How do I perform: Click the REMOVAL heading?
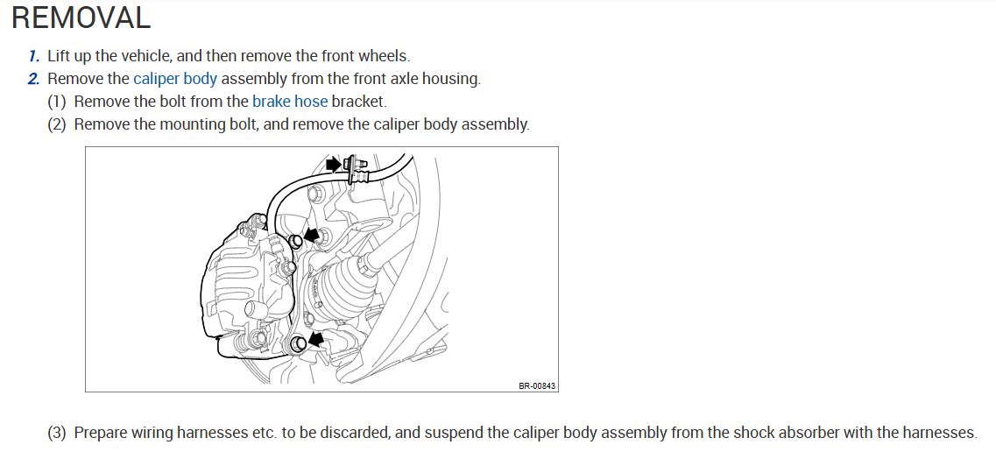(x=81, y=18)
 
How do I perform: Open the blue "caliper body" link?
(x=175, y=79)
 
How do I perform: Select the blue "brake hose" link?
(x=290, y=102)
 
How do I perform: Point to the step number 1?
(x=34, y=56)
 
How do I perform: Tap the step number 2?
(x=34, y=79)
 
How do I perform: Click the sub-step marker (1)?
(x=57, y=102)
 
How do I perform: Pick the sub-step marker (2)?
(x=57, y=124)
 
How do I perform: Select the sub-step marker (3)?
(x=57, y=433)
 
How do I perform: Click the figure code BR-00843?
(x=537, y=385)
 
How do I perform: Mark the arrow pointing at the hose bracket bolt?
(x=333, y=164)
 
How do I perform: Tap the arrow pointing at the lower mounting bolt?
(x=314, y=337)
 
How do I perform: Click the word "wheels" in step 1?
(x=384, y=56)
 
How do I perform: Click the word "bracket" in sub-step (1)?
(x=359, y=102)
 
